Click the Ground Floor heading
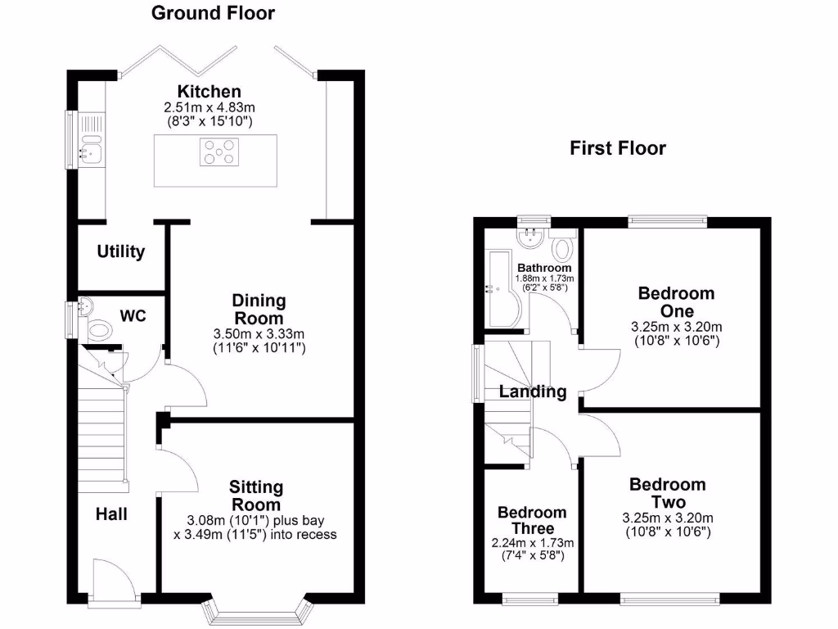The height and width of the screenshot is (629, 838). [x=214, y=13]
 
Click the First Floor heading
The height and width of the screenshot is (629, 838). [x=618, y=148]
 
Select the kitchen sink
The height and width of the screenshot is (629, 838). [x=88, y=150]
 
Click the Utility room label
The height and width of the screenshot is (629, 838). [x=121, y=251]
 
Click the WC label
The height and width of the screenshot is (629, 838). [x=133, y=315]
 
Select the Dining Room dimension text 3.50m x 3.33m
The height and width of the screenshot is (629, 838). [x=259, y=334]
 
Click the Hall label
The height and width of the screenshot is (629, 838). [x=111, y=514]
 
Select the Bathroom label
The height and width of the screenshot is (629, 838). [x=544, y=268]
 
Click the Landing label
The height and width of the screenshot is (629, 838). [x=534, y=391]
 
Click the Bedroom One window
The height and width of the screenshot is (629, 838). [x=667, y=219]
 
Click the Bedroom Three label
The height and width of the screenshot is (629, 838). [x=532, y=520]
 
